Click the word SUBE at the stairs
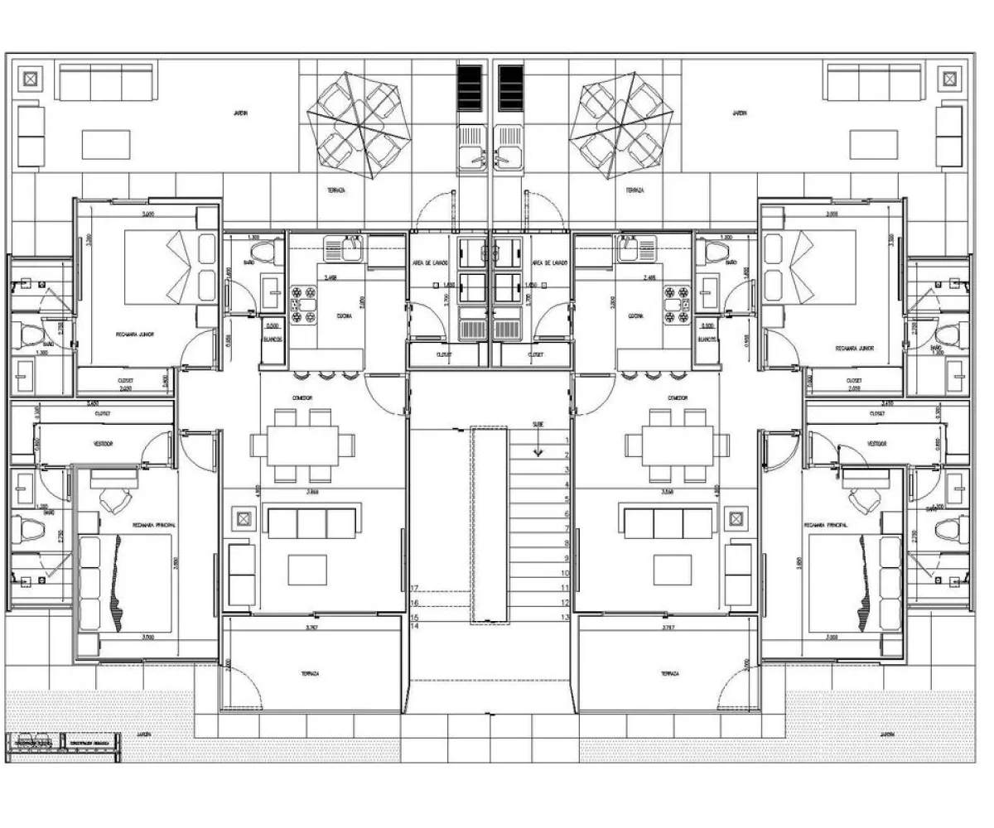pos(538,425)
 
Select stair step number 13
pos(566,617)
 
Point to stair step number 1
pos(566,440)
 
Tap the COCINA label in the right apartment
pos(637,316)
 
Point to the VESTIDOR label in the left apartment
pos(103,444)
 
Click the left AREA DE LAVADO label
pos(431,262)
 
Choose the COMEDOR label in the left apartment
pos(302,398)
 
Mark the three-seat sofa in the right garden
pos(873,83)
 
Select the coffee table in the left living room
pos(308,570)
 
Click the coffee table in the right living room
pos(672,570)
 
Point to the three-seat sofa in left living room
pos(310,522)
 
